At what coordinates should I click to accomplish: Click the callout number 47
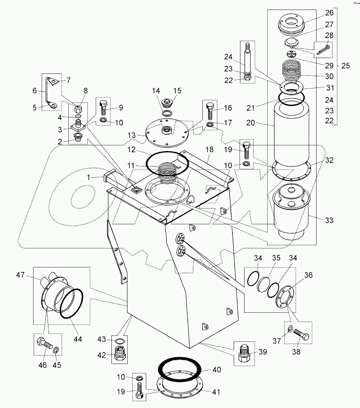point(20,275)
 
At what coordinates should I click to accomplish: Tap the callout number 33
point(329,220)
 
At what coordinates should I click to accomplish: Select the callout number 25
point(346,66)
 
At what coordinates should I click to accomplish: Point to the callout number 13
point(131,135)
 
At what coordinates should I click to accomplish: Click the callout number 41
point(216,392)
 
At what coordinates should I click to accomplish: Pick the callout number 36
point(308,275)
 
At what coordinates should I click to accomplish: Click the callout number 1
point(88,177)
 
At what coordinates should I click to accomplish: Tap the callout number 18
point(209,149)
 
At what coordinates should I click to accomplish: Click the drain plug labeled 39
point(244,353)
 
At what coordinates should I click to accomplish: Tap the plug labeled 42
point(120,353)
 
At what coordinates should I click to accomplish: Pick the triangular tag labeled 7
point(53,81)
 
